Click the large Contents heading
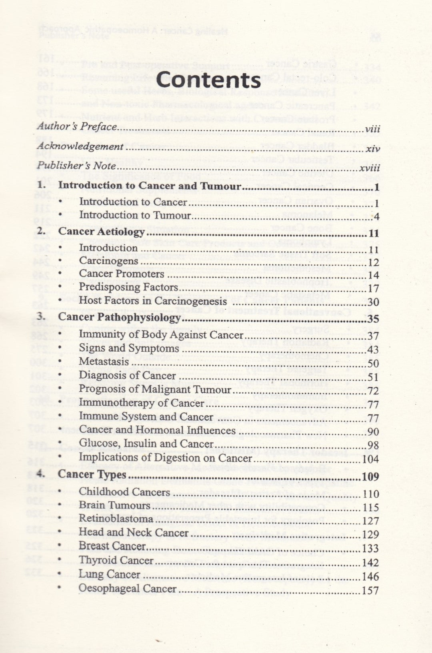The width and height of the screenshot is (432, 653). click(208, 80)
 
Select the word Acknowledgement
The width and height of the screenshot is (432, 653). click(80, 147)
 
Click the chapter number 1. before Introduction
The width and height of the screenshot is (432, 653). click(42, 186)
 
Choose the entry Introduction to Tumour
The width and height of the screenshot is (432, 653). click(135, 215)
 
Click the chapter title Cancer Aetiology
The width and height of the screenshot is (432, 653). click(101, 232)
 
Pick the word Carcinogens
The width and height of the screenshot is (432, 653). click(108, 261)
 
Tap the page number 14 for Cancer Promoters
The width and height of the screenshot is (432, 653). click(373, 276)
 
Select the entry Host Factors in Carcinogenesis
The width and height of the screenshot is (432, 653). click(153, 301)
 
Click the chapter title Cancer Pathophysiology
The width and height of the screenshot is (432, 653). click(119, 318)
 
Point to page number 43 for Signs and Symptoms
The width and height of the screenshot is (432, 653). click(373, 350)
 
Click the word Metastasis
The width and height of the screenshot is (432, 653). click(104, 362)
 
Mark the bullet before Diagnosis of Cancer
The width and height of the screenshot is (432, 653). click(60, 376)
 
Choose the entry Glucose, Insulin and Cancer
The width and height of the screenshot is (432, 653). click(146, 444)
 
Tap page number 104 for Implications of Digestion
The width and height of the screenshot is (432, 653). click(370, 459)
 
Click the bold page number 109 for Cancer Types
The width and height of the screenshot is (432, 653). click(369, 477)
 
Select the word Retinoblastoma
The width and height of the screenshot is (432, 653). click(116, 519)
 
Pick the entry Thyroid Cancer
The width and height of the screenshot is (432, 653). click(116, 561)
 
